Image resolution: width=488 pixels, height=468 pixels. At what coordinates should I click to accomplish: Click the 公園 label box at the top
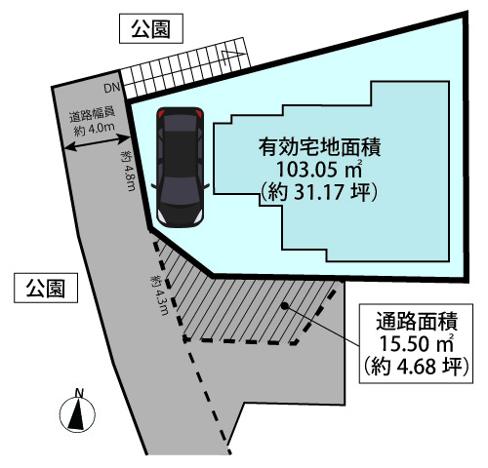(x=151, y=28)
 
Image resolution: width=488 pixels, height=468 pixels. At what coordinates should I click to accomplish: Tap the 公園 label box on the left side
(x=46, y=288)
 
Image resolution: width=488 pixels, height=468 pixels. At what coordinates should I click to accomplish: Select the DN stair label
(x=112, y=88)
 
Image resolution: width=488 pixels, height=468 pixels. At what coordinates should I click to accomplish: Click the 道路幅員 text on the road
(x=92, y=115)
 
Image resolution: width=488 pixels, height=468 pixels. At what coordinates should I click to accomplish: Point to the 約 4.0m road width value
(x=95, y=129)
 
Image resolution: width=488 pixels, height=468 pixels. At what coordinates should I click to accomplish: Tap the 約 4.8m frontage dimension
(x=128, y=171)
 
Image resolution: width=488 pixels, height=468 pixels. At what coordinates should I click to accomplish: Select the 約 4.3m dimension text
(x=159, y=295)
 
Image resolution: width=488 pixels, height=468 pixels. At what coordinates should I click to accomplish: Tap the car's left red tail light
(x=162, y=114)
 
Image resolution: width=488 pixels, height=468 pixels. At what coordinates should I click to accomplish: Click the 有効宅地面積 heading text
(x=319, y=147)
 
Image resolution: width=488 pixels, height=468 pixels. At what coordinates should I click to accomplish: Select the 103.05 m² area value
(x=319, y=169)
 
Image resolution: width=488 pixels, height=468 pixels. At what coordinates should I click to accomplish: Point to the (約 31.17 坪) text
(x=319, y=192)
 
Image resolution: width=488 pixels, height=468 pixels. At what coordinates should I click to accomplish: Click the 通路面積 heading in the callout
(x=417, y=321)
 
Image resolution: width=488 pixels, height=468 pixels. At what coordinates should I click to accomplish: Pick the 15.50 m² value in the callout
(x=417, y=343)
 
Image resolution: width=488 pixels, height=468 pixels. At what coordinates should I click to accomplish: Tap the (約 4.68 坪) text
(x=417, y=366)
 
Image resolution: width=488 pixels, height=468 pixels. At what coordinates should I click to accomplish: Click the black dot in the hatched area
(x=284, y=305)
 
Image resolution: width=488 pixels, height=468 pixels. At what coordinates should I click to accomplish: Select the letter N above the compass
(x=79, y=393)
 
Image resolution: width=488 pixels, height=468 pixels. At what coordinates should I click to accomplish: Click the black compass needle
(x=77, y=414)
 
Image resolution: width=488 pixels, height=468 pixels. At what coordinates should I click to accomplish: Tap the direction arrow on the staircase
(x=232, y=56)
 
